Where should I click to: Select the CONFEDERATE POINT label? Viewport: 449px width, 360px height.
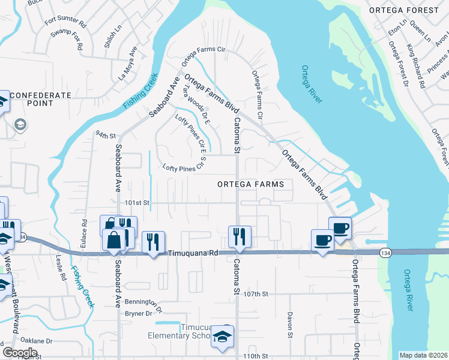[x=40, y=100]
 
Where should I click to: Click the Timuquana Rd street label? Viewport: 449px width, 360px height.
[x=192, y=254]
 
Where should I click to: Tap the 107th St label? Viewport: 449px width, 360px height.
[x=255, y=294]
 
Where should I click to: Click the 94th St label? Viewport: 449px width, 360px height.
[x=104, y=135]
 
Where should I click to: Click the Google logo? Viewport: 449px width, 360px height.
[x=20, y=353]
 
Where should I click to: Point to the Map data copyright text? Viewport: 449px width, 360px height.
[x=423, y=355]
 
